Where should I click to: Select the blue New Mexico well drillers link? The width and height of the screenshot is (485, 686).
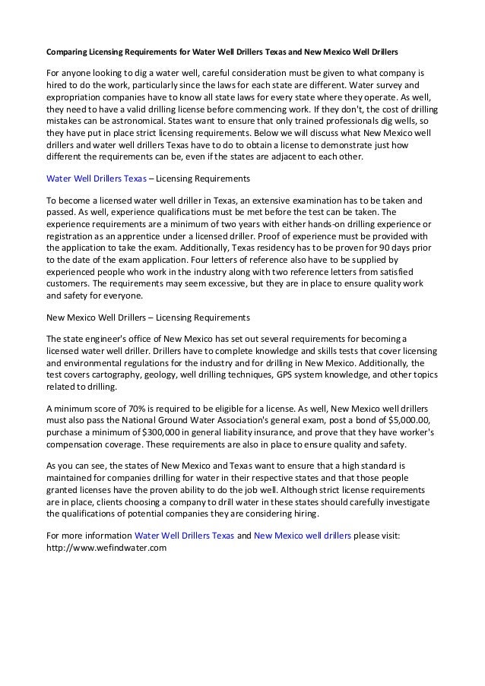[x=303, y=536]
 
